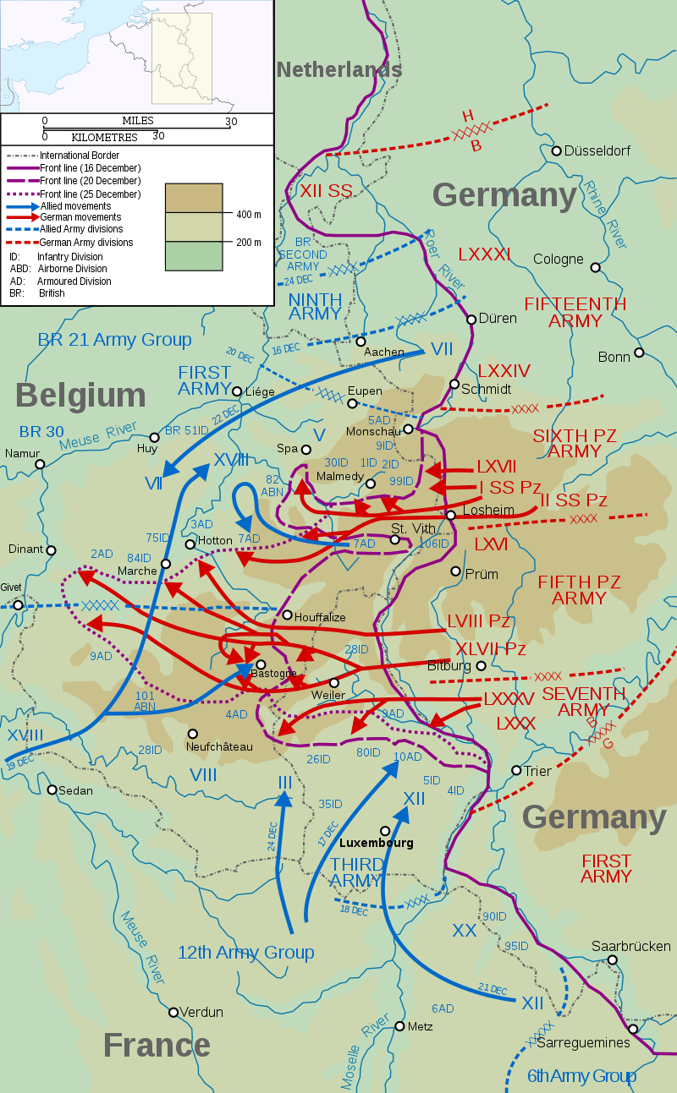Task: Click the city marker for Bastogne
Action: point(261,664)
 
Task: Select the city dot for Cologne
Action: point(595,267)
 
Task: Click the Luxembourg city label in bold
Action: point(376,843)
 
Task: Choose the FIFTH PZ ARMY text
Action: point(579,590)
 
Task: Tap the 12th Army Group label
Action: point(245,953)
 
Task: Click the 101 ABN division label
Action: point(145,701)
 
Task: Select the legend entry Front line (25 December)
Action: point(90,194)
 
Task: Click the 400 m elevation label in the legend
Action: point(249,215)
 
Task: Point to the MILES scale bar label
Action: point(138,121)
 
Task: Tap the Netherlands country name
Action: point(338,70)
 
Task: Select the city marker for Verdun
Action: point(173,1012)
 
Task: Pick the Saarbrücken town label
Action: point(631,947)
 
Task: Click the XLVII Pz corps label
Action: point(491,649)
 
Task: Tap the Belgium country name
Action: point(80,396)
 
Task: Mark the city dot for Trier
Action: point(516,770)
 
